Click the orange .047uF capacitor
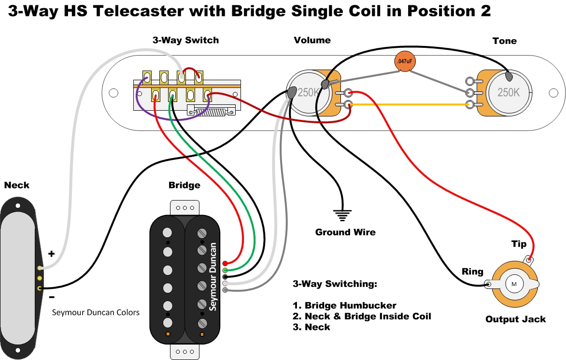pyautogui.click(x=404, y=62)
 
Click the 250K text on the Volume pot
pyautogui.click(x=308, y=92)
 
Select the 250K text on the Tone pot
pyautogui.click(x=509, y=92)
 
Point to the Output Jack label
pyautogui.click(x=515, y=319)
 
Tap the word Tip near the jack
pyautogui.click(x=519, y=244)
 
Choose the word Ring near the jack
pyautogui.click(x=472, y=271)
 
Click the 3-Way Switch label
pyautogui.click(x=185, y=40)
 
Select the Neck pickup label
pyautogui.click(x=16, y=185)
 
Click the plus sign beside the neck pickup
pyautogui.click(x=52, y=253)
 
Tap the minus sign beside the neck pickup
pyautogui.click(x=52, y=297)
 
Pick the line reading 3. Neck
pyautogui.click(x=311, y=327)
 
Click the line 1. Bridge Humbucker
pyautogui.click(x=344, y=305)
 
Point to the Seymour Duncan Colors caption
pyautogui.click(x=96, y=312)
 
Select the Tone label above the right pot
pyautogui.click(x=504, y=41)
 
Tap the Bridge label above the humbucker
pyautogui.click(x=184, y=185)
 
